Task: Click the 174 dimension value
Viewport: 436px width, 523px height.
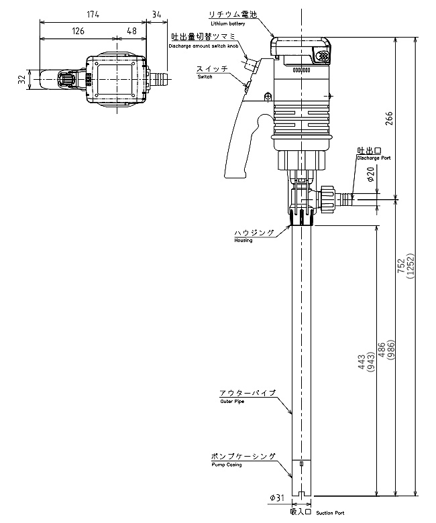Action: (93, 14)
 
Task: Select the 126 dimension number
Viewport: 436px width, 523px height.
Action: (78, 31)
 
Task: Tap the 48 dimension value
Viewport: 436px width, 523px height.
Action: (131, 31)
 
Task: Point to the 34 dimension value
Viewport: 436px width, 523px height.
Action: (156, 14)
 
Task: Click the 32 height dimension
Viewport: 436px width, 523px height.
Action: (21, 79)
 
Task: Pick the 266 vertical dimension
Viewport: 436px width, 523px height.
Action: (389, 119)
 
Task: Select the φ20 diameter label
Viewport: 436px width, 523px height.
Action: (372, 174)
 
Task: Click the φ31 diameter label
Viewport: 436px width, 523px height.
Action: (277, 498)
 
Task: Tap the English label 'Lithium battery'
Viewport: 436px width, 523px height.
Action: (228, 23)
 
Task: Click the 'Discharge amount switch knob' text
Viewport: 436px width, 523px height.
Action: (203, 46)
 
